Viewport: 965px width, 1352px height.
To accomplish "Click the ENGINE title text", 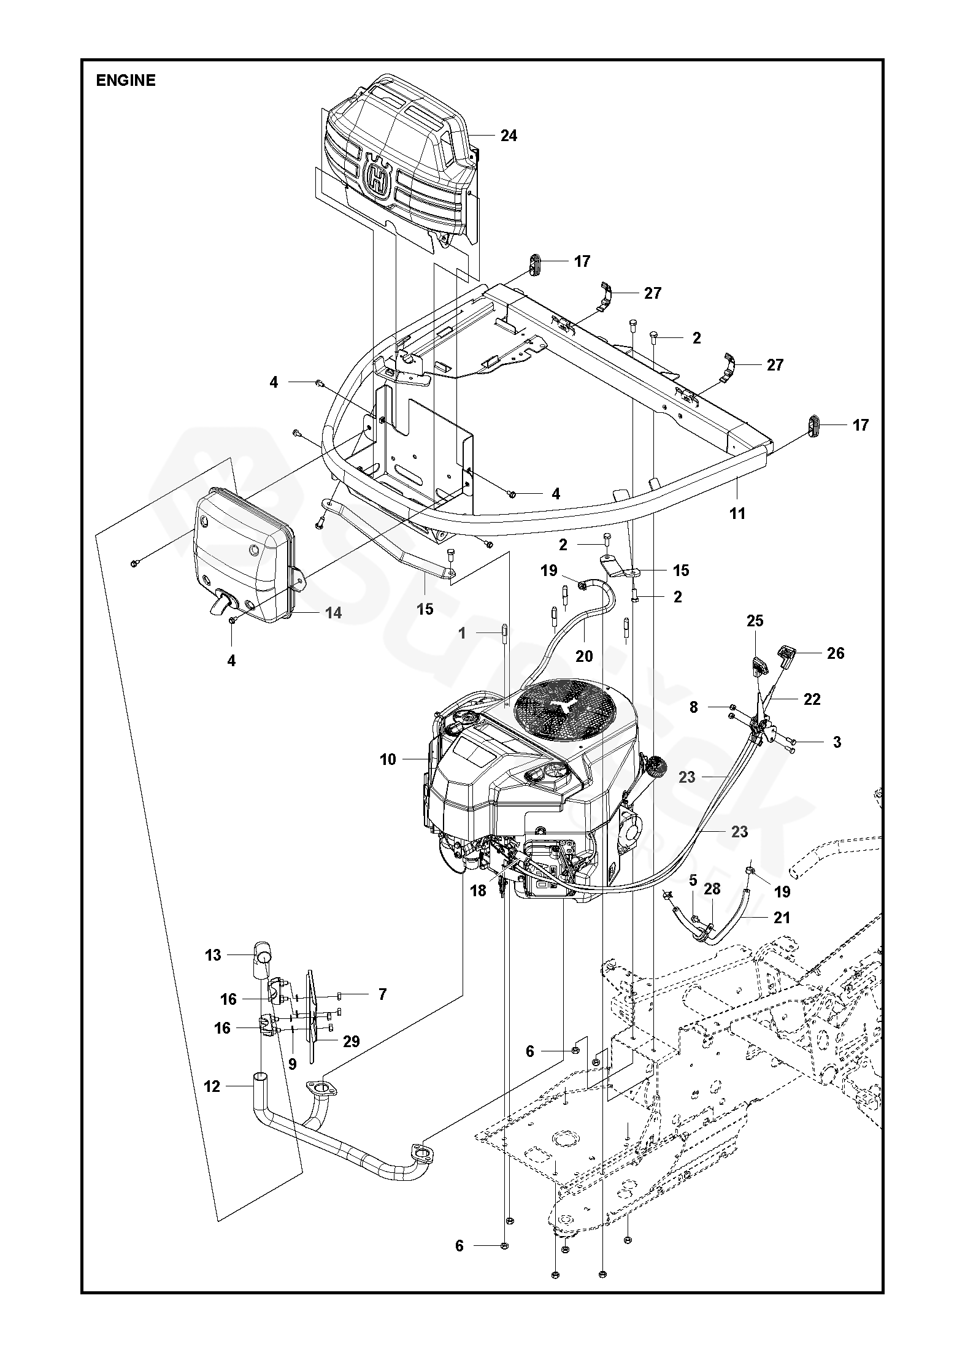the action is [126, 80].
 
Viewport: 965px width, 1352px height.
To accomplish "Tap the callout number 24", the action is [509, 136].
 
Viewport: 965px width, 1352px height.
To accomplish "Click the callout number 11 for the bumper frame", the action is [737, 513].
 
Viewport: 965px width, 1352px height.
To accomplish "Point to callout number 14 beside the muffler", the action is [333, 612].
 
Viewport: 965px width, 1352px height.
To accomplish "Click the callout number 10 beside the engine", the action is [388, 759].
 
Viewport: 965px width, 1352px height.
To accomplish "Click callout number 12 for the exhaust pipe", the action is [212, 1086].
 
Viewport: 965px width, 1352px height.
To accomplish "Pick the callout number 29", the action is [351, 1041].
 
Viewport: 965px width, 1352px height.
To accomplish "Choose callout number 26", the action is [836, 653].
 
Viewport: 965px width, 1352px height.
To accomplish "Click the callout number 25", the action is [755, 621].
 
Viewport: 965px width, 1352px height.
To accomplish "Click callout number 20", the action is [584, 656].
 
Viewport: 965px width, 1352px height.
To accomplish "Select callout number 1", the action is [463, 632].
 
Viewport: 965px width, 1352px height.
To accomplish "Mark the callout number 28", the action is [712, 889].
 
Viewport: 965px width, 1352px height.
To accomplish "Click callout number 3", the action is [837, 742].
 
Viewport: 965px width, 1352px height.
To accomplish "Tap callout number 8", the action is [694, 707].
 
